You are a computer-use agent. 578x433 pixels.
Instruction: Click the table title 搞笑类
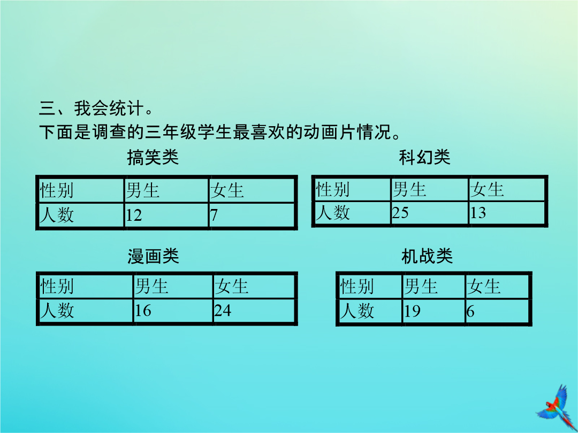tap(153, 158)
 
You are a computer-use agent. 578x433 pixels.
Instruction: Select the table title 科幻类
tap(424, 157)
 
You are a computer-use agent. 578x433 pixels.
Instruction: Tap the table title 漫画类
tap(154, 256)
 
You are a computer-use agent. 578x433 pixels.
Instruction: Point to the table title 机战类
tap(427, 256)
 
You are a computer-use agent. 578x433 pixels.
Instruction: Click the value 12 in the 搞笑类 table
tap(134, 215)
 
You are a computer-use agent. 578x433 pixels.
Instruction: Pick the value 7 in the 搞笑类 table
tap(214, 215)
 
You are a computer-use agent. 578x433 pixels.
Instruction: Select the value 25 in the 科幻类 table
tap(400, 213)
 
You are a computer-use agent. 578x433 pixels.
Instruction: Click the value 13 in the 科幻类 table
tap(478, 213)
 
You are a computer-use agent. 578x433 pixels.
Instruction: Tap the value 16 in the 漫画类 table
tap(143, 311)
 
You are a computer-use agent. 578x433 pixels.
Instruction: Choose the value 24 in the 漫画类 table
tap(223, 311)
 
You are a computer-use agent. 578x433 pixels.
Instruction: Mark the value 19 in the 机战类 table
tap(412, 312)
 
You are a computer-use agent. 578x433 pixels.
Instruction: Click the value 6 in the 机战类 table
tap(470, 312)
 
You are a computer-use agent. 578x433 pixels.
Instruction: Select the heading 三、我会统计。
tap(95, 108)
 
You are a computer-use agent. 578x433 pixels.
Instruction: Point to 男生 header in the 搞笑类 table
tap(143, 191)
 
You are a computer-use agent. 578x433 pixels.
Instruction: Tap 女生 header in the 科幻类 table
tap(486, 189)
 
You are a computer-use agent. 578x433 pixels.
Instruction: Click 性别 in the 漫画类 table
tap(57, 287)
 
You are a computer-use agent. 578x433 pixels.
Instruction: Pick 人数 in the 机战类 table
tap(357, 311)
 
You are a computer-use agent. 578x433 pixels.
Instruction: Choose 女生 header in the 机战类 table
tap(484, 287)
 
